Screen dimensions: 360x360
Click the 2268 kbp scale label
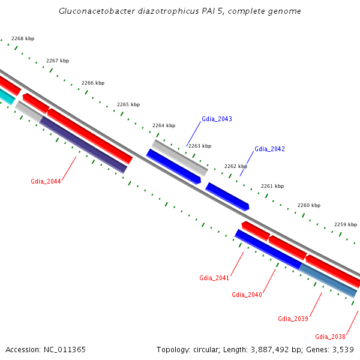coord(23,38)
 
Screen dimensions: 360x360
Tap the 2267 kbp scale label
coord(58,61)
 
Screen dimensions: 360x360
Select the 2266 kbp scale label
coord(93,83)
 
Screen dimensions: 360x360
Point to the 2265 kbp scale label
coord(128,104)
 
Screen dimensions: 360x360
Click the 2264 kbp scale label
coord(164,125)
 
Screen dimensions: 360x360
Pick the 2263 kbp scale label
coord(200,146)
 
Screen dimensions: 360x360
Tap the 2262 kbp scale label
coord(236,166)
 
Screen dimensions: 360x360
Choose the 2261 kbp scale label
coord(272,186)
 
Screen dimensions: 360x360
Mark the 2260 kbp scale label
coord(309,205)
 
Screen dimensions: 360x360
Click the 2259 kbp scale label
coord(346,224)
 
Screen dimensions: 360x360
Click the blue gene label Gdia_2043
coord(217,119)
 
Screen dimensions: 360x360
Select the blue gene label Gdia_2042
coord(269,149)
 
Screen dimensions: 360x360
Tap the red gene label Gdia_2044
coord(46,181)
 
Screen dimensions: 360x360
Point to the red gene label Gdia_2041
coord(214,278)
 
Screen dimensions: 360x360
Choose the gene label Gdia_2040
coord(247,295)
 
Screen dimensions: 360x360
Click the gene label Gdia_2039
coord(293,319)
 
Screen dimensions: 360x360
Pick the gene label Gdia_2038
coord(330,337)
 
